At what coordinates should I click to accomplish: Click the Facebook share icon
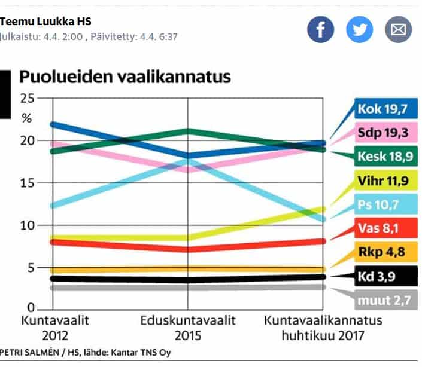320,29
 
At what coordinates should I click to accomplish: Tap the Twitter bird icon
359,29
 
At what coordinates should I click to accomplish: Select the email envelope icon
398,29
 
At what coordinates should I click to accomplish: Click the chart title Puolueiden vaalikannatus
125,77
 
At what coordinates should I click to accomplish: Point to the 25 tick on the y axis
27,98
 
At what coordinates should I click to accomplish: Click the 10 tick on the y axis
27,225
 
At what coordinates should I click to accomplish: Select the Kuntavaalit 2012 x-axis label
55,328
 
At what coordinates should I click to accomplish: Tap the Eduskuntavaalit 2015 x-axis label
188,328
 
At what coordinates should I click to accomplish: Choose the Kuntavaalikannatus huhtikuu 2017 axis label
323,328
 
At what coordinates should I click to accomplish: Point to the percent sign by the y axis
26,118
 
